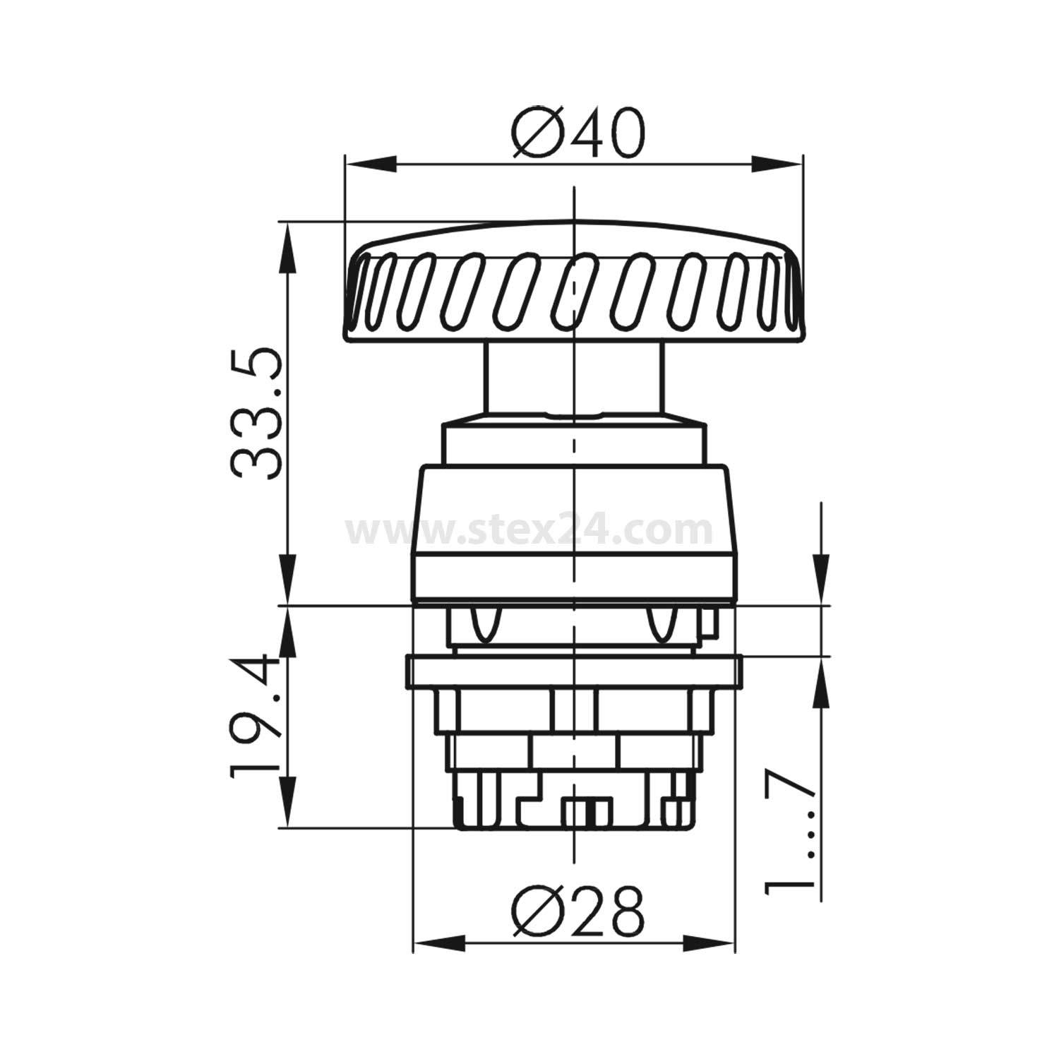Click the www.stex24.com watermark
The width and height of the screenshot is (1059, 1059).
529,529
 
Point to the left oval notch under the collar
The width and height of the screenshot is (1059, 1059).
486,624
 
